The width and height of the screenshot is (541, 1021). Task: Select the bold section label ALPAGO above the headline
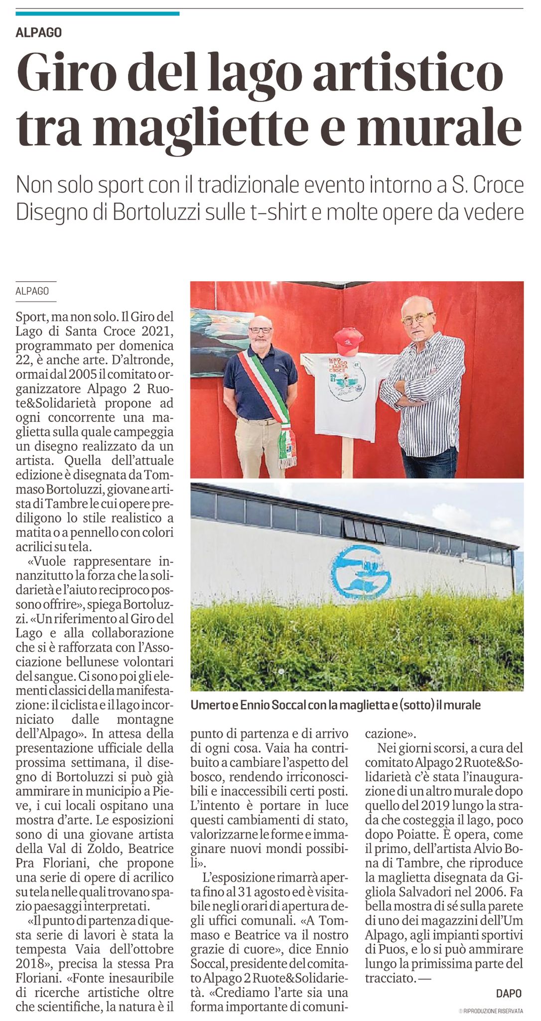click(x=39, y=33)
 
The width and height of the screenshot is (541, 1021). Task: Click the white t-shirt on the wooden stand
click(x=349, y=394)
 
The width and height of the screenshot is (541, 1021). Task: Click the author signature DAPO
click(x=509, y=993)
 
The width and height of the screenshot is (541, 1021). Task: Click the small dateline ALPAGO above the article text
click(x=32, y=291)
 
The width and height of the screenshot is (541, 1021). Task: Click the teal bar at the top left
click(x=98, y=13)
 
